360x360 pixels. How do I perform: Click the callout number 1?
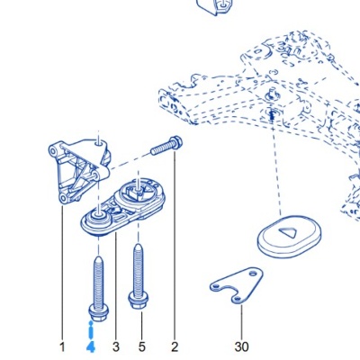pyautogui.click(x=62, y=347)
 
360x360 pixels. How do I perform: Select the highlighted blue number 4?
pyautogui.click(x=91, y=347)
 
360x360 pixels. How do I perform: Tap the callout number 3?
pyautogui.click(x=116, y=347)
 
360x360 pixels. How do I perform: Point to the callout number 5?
pyautogui.click(x=142, y=347)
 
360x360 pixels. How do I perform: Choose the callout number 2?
pyautogui.click(x=175, y=347)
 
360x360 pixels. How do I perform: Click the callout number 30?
pyautogui.click(x=242, y=347)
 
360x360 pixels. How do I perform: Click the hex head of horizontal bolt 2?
pyautogui.click(x=175, y=142)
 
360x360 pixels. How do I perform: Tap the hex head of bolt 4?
pyautogui.click(x=98, y=312)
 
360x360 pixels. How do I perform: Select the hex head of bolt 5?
pyautogui.click(x=138, y=299)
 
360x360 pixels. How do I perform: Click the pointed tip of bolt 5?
pyautogui.click(x=138, y=246)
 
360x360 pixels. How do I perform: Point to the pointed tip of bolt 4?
pyautogui.click(x=98, y=257)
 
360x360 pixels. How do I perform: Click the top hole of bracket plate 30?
pyautogui.click(x=254, y=274)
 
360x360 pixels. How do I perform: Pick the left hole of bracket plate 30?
pyautogui.click(x=216, y=286)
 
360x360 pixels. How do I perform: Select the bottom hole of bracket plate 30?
pyautogui.click(x=237, y=299)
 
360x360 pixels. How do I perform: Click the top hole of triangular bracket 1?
pyautogui.click(x=98, y=144)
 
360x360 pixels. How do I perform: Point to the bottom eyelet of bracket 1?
pyautogui.click(x=63, y=198)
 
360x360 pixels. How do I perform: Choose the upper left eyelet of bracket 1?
pyautogui.click(x=55, y=150)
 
